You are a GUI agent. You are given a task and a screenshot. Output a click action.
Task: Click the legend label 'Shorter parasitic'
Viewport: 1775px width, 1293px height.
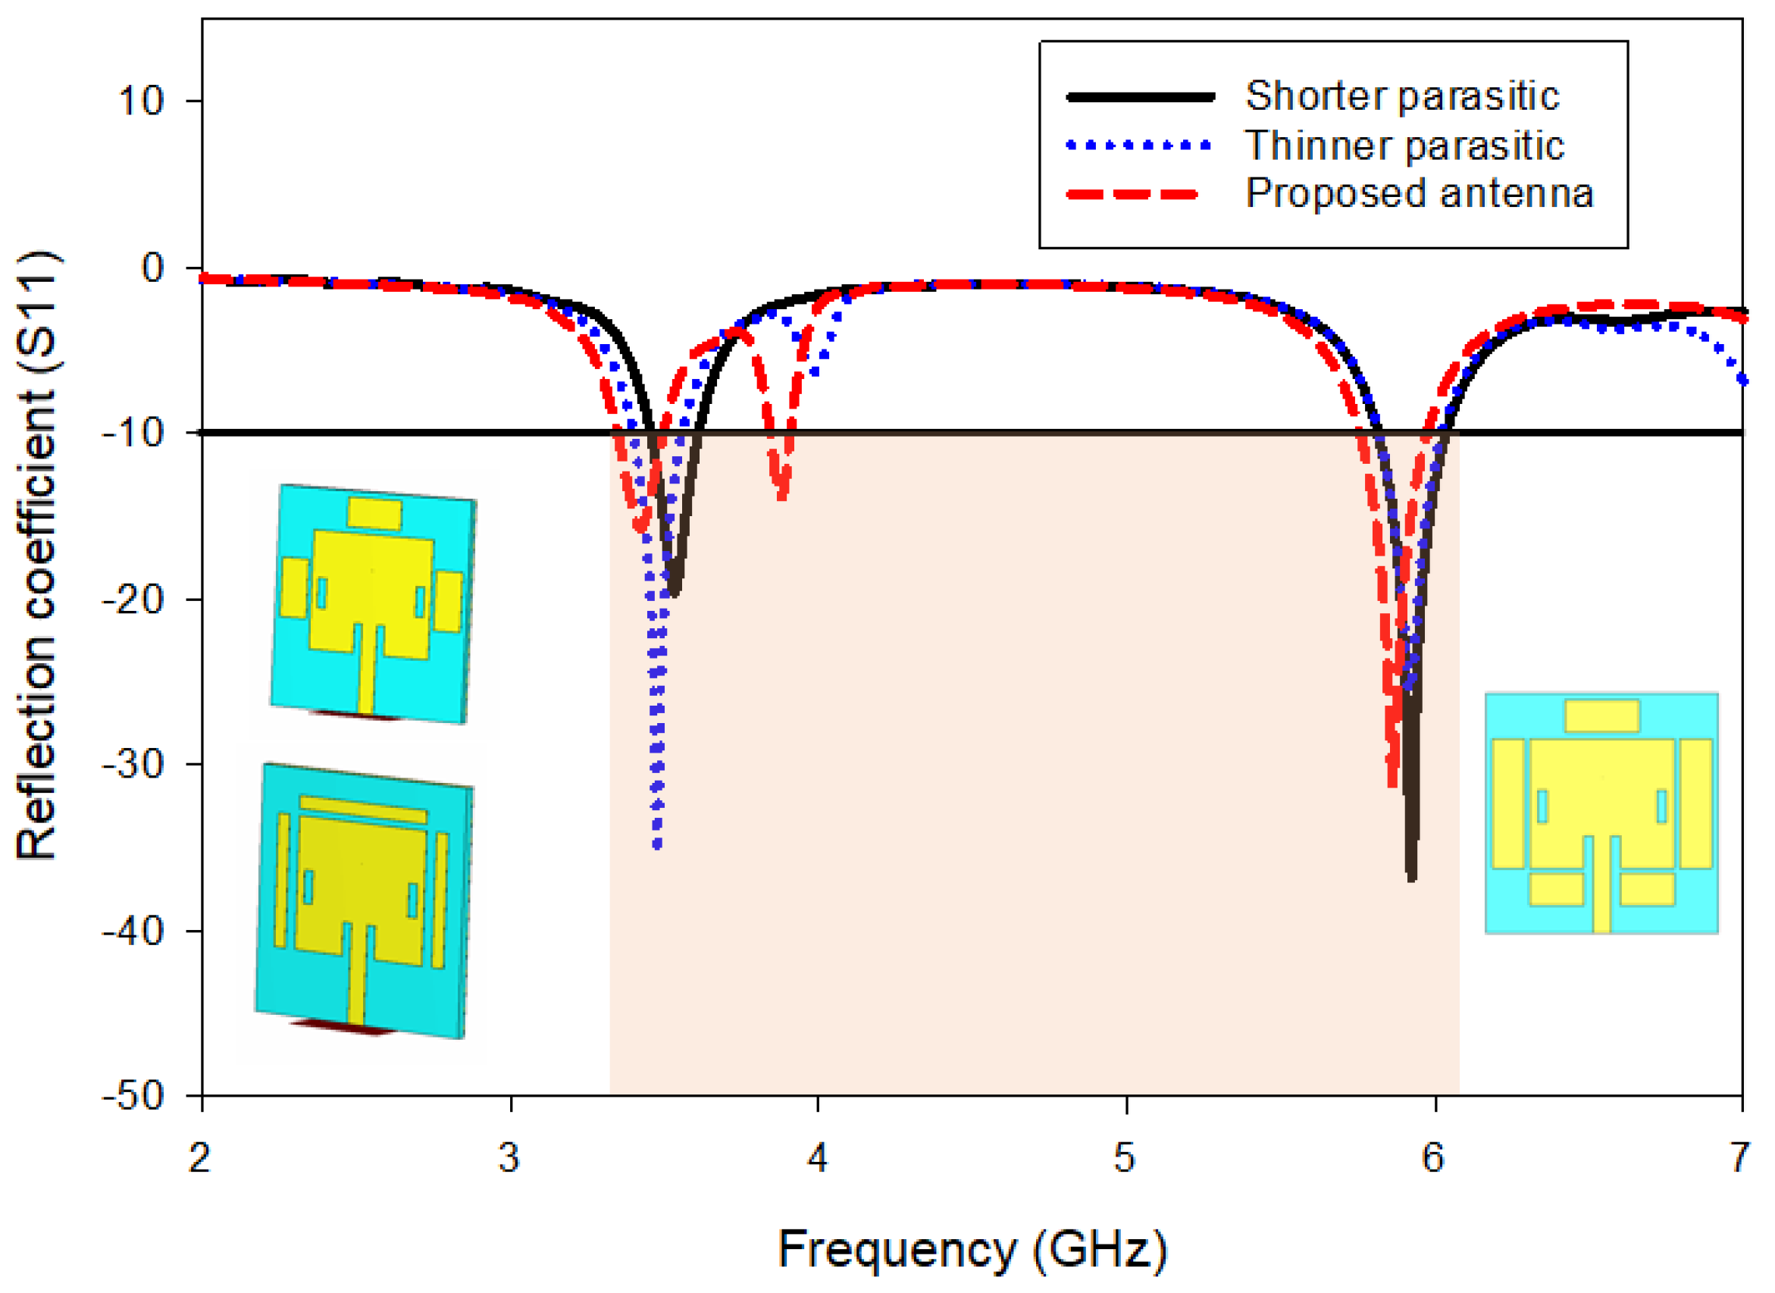[1401, 97]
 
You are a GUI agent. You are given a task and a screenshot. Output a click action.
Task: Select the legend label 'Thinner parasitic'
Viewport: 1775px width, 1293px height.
[1404, 146]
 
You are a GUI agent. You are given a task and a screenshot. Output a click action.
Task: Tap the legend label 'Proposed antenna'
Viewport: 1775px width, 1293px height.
[1419, 193]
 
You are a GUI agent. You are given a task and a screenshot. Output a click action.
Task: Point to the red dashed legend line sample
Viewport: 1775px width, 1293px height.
[1132, 194]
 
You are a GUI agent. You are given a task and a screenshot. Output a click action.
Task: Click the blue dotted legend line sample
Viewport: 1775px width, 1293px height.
[1138, 146]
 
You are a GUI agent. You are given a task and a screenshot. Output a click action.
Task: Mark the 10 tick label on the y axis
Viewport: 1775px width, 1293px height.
[141, 101]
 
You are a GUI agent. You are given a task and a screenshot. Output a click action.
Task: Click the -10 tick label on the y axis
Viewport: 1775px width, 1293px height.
[134, 433]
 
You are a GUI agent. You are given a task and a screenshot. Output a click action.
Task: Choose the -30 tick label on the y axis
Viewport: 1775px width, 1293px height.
[134, 764]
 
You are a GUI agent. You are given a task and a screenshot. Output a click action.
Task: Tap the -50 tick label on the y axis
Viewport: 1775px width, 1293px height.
[134, 1095]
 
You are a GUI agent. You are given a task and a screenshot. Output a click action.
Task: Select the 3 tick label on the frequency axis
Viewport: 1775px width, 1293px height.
[510, 1157]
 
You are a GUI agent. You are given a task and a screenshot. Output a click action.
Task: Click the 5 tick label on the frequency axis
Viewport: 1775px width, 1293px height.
[1125, 1157]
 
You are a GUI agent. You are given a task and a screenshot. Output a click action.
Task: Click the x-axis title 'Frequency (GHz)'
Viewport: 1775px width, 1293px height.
[972, 1249]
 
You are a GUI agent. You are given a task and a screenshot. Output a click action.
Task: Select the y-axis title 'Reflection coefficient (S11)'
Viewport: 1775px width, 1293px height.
[37, 556]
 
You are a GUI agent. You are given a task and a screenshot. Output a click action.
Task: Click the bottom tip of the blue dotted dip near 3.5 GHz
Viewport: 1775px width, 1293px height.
[657, 845]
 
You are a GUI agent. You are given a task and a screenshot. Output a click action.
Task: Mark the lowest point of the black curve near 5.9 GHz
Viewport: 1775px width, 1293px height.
[1412, 878]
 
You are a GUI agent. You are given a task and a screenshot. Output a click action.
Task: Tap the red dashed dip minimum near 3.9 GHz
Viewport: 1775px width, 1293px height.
[783, 496]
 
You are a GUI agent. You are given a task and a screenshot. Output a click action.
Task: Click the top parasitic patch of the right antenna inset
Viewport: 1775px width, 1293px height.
[1602, 715]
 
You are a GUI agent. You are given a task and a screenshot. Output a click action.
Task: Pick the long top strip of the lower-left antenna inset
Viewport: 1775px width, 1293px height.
[363, 809]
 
